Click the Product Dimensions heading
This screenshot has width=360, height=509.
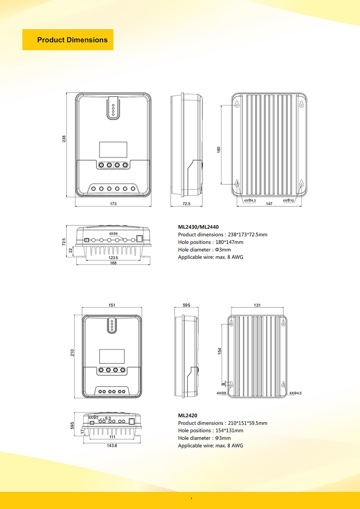click(72, 40)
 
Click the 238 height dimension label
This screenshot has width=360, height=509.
click(64, 139)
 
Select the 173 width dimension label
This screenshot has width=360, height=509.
click(113, 204)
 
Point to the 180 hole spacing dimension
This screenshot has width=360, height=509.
click(219, 150)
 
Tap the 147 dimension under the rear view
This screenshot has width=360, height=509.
click(269, 204)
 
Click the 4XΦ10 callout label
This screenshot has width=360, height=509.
click(288, 201)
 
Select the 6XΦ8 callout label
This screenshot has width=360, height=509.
click(113, 234)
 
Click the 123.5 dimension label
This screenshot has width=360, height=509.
click(113, 258)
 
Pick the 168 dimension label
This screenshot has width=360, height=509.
click(113, 263)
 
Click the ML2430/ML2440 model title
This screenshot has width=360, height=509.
click(198, 227)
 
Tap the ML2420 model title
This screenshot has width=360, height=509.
click(188, 415)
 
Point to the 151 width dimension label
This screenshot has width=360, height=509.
click(112, 305)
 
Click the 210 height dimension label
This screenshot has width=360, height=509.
click(72, 353)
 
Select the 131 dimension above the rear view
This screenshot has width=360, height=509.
click(257, 305)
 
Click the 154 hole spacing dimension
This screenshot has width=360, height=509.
click(220, 351)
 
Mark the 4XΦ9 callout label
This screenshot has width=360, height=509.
click(221, 393)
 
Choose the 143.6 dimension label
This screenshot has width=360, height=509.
click(112, 446)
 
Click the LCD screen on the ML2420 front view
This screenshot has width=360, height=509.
click(112, 356)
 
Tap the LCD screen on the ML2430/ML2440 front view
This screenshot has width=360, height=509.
click(113, 149)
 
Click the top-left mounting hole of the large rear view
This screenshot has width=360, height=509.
click(237, 104)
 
